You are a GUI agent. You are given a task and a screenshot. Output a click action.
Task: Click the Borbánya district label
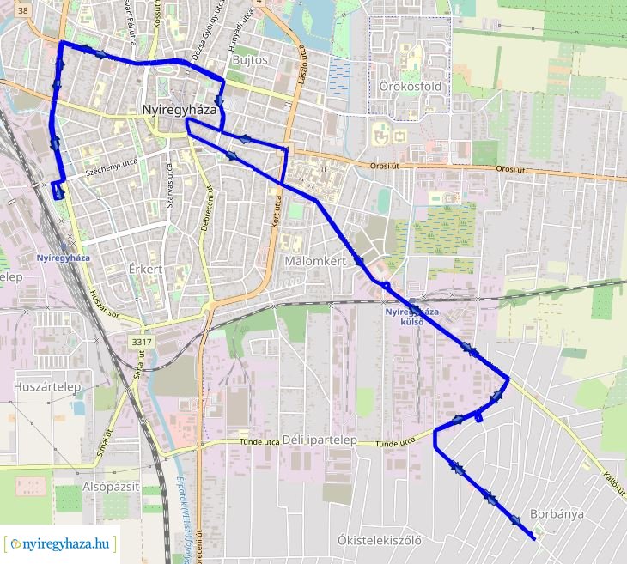coord(557,514)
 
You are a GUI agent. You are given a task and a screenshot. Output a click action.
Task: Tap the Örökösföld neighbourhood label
coord(410,87)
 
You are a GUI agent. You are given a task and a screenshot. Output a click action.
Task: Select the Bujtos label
coord(250,61)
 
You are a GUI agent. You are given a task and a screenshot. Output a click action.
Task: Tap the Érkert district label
coord(145,270)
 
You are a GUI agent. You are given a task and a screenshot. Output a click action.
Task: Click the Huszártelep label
coord(46,388)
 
